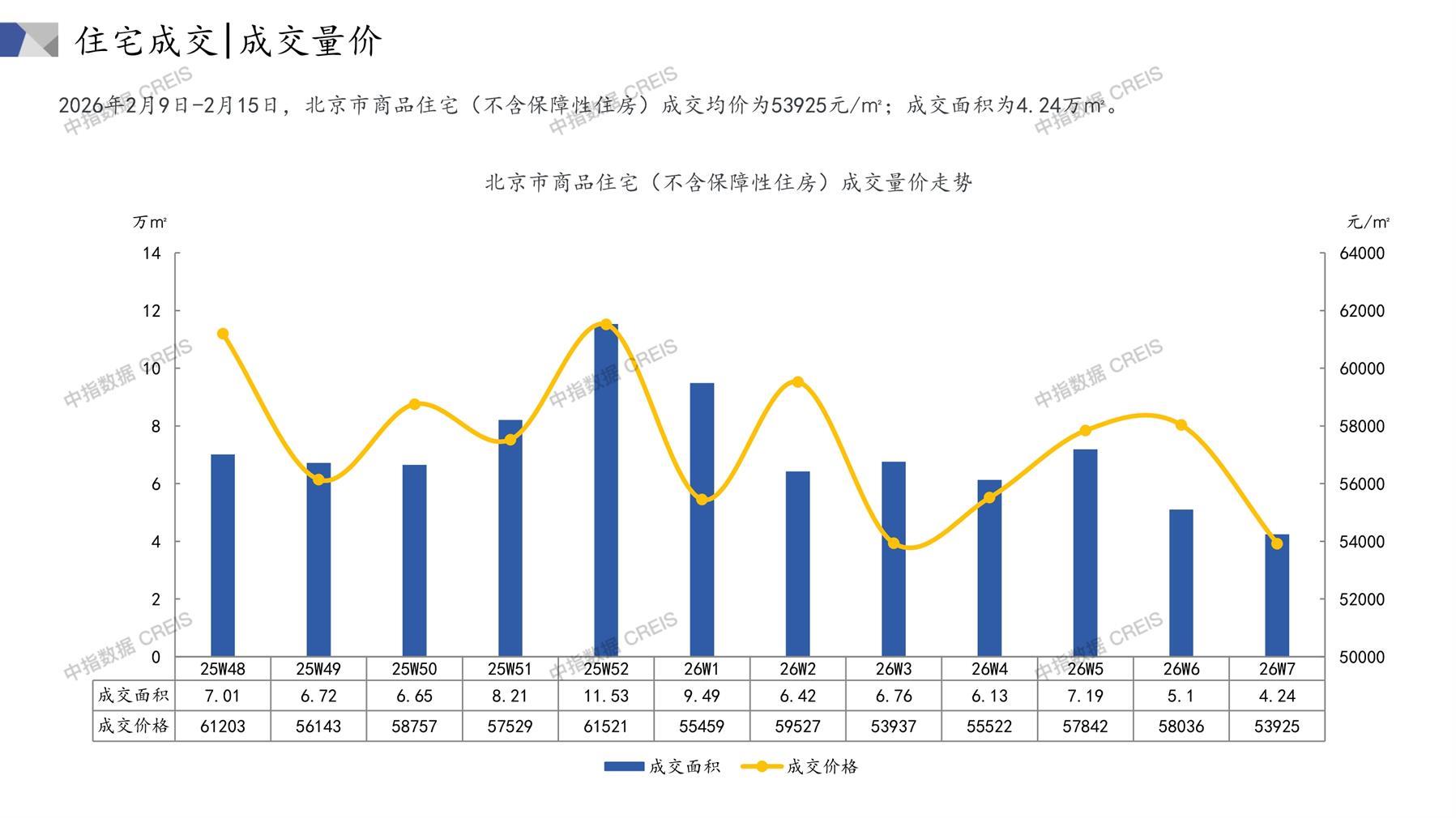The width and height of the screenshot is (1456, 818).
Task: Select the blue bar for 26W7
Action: [x=1277, y=596]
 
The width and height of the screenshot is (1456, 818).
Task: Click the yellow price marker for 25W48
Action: [x=223, y=334]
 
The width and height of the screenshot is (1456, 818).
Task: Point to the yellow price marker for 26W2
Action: [x=798, y=382]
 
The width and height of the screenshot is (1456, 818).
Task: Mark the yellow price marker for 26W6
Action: [x=1181, y=425]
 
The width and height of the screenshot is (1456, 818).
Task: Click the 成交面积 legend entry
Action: [x=662, y=766]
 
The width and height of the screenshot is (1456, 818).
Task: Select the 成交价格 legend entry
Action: [x=801, y=766]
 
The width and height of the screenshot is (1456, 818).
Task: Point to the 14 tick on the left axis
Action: [x=152, y=253]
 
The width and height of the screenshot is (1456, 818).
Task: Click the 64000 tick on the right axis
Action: [x=1362, y=253]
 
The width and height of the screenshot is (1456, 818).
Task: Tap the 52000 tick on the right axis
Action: [x=1362, y=599]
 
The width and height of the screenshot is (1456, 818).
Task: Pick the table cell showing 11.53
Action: [x=606, y=696]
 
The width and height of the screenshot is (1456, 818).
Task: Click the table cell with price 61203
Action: [x=223, y=726]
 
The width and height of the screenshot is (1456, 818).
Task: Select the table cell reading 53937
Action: [x=894, y=726]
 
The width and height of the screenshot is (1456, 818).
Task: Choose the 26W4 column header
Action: [x=989, y=669]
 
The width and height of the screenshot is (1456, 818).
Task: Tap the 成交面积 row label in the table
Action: [x=134, y=696]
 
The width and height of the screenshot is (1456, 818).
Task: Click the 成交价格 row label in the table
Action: [x=134, y=726]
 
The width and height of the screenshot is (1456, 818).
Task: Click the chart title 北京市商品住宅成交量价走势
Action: [x=728, y=183]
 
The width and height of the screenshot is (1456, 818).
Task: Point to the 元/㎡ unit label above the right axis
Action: [x=1368, y=222]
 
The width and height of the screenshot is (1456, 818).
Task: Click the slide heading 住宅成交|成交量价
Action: [x=228, y=40]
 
